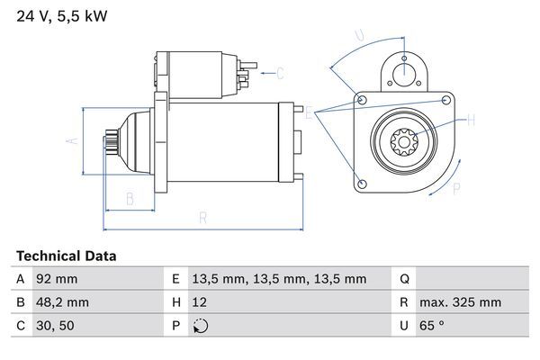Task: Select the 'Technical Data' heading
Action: point(66,256)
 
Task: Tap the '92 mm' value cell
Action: point(55,279)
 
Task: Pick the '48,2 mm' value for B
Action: point(62,302)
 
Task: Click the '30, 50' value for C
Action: point(54,326)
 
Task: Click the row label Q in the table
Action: point(404,279)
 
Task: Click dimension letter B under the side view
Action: point(130,197)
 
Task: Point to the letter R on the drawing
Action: point(203,217)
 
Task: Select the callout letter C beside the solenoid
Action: point(280,73)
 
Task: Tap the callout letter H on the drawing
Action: point(470,118)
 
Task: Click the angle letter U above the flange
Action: point(359,37)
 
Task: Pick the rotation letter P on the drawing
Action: point(455,188)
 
